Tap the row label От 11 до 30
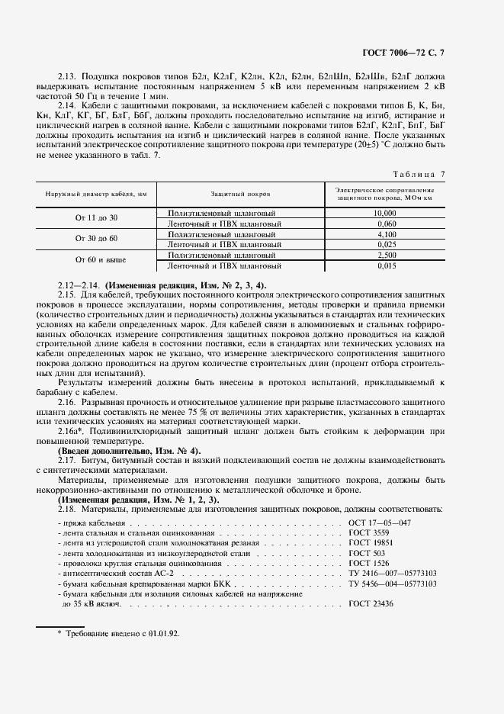tap(97, 218)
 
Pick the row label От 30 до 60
tap(97, 239)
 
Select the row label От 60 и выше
tap(97, 260)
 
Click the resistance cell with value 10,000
tap(386, 213)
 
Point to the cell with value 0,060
tap(386, 224)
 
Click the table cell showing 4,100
tap(386, 234)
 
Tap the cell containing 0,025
tap(386, 244)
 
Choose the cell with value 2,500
tap(386, 255)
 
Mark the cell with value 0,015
tap(386, 265)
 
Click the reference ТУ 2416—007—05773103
tap(392, 572)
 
